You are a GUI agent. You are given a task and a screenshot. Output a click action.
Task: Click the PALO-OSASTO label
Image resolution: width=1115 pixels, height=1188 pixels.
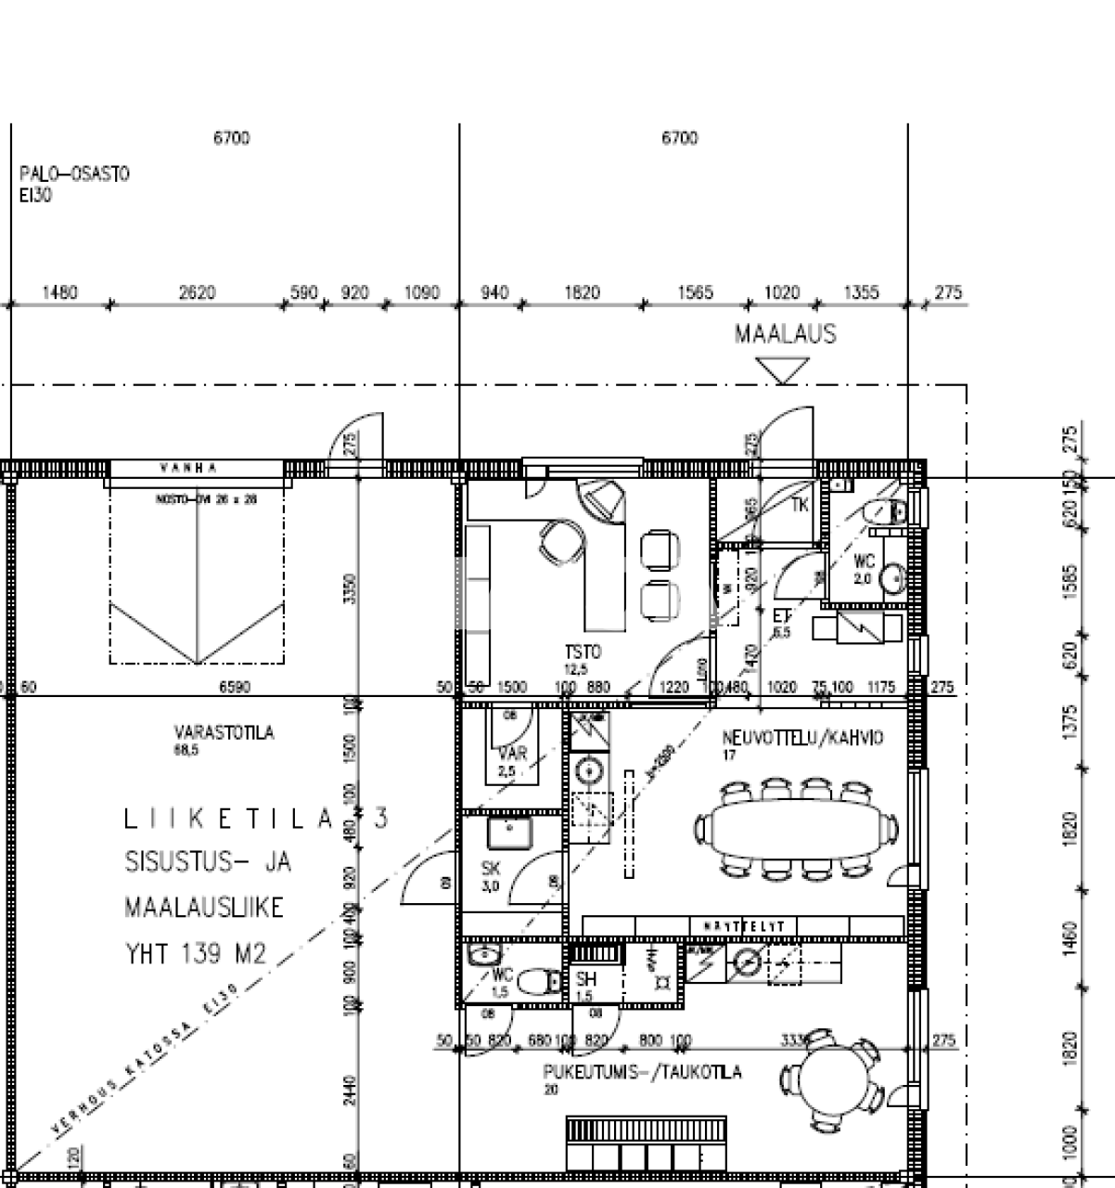[x=74, y=174]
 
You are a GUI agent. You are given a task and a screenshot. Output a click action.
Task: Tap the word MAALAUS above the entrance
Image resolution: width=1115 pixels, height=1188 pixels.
[x=785, y=334]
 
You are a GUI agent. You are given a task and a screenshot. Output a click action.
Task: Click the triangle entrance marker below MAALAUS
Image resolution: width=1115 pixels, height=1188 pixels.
[x=782, y=370]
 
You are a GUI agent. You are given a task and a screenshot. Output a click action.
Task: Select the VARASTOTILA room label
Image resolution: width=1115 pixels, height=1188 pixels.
[x=224, y=733]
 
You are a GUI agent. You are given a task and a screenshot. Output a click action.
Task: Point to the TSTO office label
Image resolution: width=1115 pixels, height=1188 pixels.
[x=582, y=652]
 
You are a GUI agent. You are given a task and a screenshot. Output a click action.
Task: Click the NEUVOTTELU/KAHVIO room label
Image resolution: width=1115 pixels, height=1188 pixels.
[x=802, y=738]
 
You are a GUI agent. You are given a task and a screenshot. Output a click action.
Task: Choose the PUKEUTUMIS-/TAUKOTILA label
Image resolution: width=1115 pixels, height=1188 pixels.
[x=642, y=1072]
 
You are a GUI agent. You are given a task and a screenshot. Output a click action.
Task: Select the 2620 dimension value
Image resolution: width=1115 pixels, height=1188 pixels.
[x=197, y=293]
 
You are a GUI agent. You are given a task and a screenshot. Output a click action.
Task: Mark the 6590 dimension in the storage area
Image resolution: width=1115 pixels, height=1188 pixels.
[x=234, y=688]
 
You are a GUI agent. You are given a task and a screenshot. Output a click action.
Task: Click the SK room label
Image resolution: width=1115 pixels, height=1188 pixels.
[x=491, y=869]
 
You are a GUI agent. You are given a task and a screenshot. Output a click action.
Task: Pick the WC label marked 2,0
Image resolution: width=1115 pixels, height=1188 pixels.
[x=864, y=562]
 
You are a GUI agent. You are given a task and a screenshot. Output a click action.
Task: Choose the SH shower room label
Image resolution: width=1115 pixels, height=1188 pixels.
[x=585, y=978]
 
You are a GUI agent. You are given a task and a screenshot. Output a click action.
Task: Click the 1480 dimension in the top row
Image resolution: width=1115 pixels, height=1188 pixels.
[x=60, y=293]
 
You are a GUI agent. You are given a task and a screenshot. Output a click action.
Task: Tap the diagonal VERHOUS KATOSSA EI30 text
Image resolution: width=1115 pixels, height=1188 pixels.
[x=146, y=1062]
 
